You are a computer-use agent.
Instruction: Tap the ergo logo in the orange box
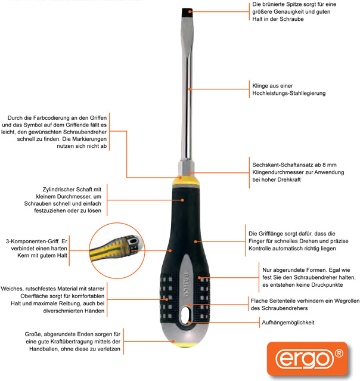305,359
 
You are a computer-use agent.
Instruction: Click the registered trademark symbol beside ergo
339,354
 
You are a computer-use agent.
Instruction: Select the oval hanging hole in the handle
187,315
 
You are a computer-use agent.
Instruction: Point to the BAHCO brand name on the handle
186,284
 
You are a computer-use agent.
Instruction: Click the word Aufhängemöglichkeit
288,323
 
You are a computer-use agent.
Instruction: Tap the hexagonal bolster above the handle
187,168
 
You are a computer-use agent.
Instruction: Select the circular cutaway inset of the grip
117,250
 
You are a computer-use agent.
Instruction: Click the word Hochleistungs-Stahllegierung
289,93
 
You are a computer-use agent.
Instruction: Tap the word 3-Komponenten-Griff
33,241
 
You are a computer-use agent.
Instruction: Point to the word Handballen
44,349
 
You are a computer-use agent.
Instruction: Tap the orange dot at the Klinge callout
190,89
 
